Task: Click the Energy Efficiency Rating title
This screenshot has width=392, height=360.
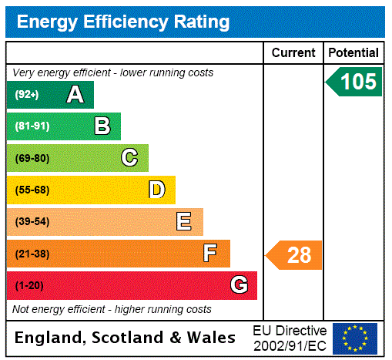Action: (x=123, y=22)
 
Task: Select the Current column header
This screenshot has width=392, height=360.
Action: (x=293, y=53)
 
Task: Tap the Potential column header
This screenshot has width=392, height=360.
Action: (x=353, y=53)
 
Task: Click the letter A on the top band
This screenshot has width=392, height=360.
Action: (x=75, y=95)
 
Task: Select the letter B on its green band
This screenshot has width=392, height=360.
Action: (x=102, y=126)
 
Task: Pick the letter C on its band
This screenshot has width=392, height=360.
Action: (x=129, y=158)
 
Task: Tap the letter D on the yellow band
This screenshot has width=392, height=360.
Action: (x=156, y=190)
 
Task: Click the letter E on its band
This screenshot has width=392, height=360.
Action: (x=184, y=222)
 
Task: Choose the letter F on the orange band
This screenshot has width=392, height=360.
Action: (x=209, y=254)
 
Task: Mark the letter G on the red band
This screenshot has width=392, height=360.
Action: (x=239, y=285)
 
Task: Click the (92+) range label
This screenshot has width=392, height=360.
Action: (x=26, y=95)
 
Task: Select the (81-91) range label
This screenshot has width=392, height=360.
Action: (x=32, y=126)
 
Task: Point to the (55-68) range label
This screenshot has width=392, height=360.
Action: (x=32, y=190)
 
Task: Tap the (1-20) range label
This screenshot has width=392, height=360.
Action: (x=29, y=285)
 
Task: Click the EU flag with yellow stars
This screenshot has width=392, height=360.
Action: (x=355, y=338)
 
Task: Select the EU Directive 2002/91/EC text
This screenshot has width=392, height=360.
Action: (x=290, y=338)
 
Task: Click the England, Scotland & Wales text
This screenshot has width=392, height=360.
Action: (x=126, y=338)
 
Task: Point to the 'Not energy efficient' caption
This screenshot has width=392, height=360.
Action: (x=112, y=309)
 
